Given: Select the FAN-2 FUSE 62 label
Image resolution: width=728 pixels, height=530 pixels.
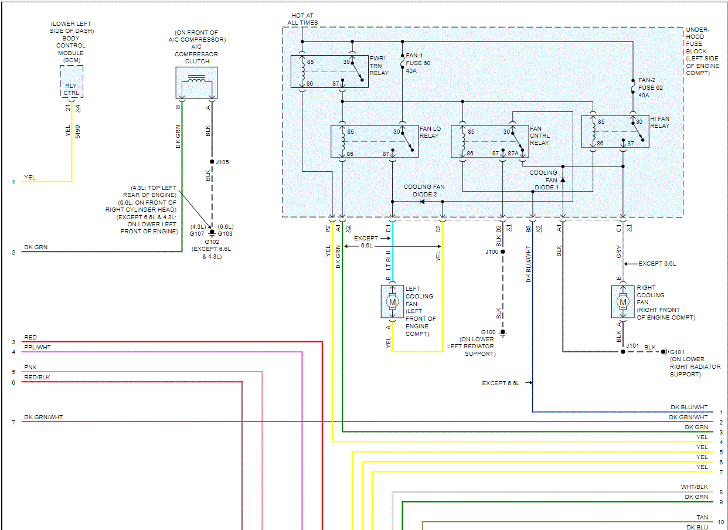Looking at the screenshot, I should point(651,87).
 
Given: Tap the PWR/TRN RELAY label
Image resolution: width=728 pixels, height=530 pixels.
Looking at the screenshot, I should point(379,66).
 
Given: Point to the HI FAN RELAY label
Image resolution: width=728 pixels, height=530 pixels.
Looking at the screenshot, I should point(659,122).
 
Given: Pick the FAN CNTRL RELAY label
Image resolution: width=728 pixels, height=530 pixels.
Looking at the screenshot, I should point(539,135).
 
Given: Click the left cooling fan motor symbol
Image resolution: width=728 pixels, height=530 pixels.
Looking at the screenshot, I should point(392,302).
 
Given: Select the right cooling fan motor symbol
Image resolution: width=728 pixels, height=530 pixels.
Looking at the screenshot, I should point(622,301).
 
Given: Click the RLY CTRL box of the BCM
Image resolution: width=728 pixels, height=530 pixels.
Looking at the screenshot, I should point(72,89).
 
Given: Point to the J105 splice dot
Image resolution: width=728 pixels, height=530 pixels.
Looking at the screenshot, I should point(212,162).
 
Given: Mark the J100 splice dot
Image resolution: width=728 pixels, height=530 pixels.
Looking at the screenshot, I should point(502,252).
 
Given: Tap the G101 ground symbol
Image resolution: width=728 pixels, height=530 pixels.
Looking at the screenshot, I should point(664,352).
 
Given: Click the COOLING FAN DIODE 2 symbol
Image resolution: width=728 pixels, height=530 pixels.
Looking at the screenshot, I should point(421,202).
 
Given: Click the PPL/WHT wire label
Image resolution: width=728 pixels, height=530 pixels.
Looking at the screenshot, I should point(37,348).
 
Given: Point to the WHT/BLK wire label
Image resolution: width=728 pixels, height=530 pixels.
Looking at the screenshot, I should point(694,487).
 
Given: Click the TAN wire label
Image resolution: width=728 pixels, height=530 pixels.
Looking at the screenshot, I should point(702,518).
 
